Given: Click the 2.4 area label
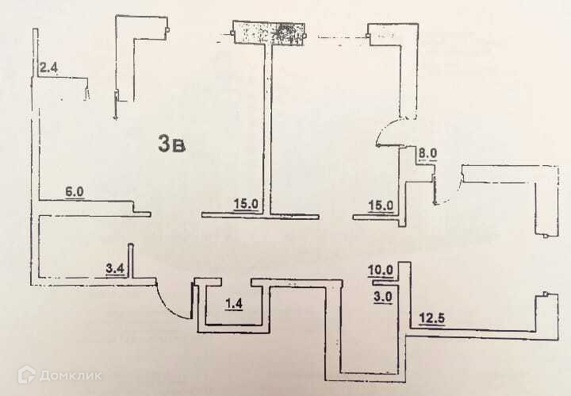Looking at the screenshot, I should (x=49, y=67).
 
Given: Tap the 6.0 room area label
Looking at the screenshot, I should (x=75, y=192).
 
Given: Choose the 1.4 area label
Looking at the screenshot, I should (x=233, y=304).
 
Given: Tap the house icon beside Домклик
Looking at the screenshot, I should (x=30, y=373).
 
